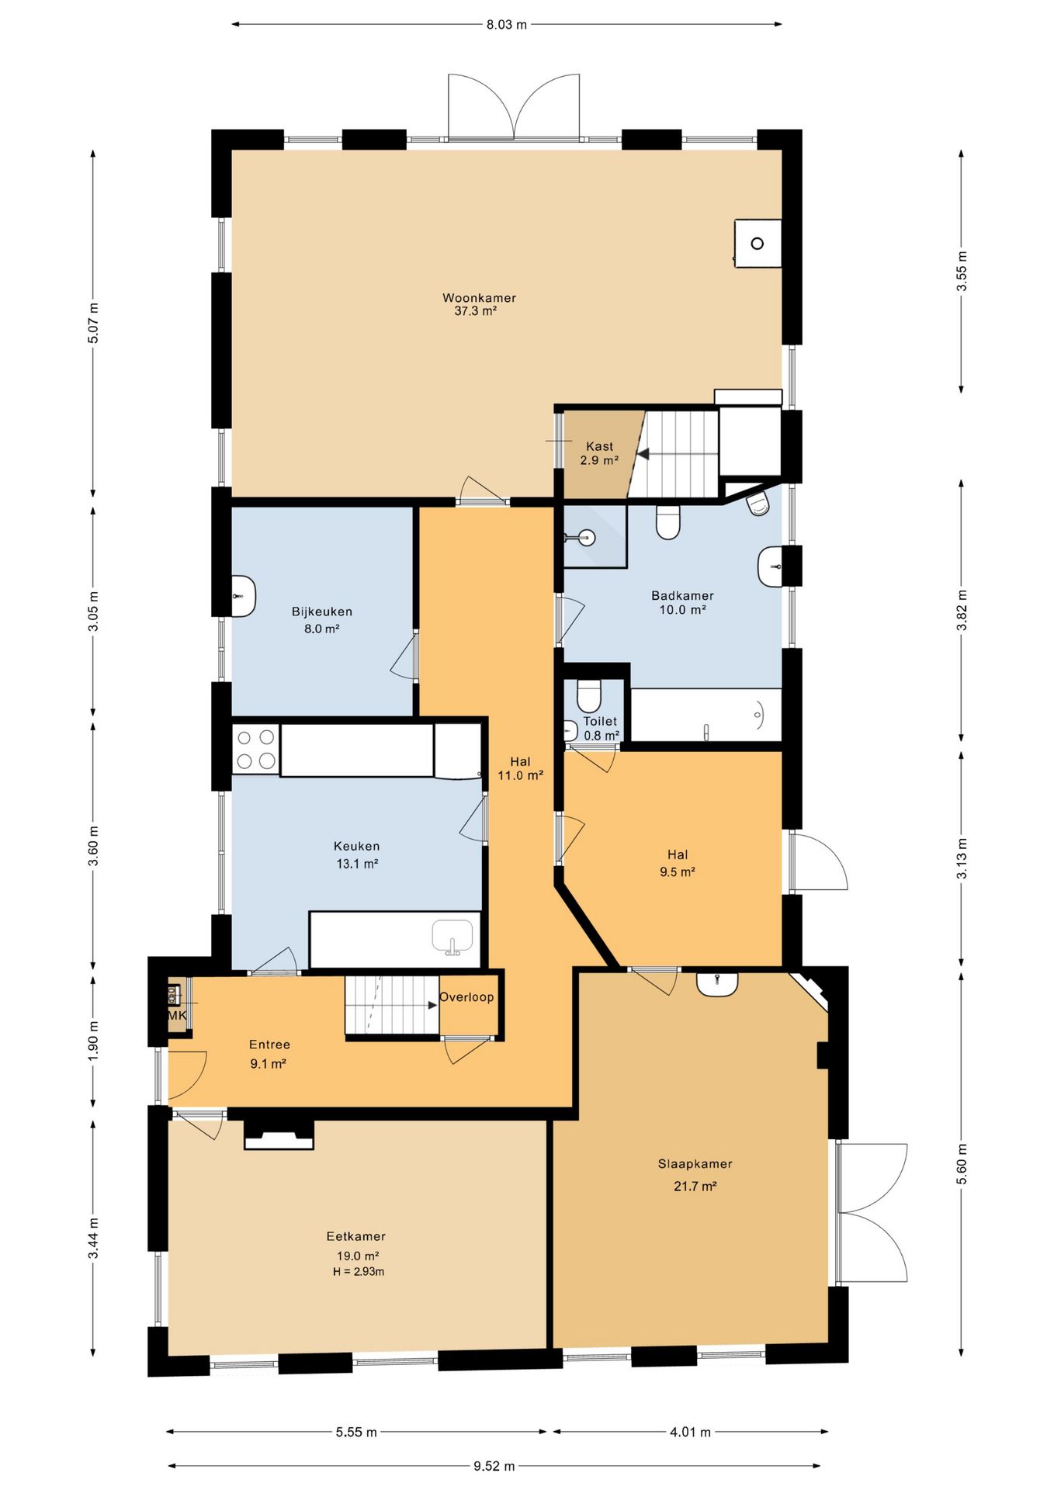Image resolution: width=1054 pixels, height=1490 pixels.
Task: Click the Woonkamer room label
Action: coord(479,298)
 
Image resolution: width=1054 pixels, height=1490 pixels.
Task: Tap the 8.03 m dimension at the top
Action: coord(506,25)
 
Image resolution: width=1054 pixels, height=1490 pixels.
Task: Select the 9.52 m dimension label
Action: coord(494,1466)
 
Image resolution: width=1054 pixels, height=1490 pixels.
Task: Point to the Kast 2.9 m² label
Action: coord(599,453)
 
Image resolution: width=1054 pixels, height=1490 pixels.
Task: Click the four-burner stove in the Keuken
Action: coord(255,750)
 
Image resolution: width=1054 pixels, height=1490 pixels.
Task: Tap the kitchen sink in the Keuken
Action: coord(452,937)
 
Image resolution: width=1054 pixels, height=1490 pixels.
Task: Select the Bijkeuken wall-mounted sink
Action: coord(243,596)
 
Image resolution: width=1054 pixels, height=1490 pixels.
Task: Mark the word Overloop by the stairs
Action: coord(466,997)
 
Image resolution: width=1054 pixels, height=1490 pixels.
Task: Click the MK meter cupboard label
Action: coord(177,1015)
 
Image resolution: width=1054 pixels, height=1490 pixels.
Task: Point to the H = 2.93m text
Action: coord(359,1272)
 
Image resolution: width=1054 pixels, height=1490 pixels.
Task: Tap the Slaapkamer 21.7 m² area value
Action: coord(695,1187)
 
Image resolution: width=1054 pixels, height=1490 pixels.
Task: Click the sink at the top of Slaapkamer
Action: coord(716,984)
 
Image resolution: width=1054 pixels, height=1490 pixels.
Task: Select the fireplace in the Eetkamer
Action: coord(279,1135)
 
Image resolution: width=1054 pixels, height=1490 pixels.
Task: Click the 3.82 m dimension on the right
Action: coord(962,611)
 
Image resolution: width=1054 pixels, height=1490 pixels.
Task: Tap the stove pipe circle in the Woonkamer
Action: coord(758,244)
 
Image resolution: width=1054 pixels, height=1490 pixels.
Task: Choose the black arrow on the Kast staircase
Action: coord(643,454)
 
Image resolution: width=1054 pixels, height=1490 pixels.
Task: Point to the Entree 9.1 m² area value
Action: coord(268,1064)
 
